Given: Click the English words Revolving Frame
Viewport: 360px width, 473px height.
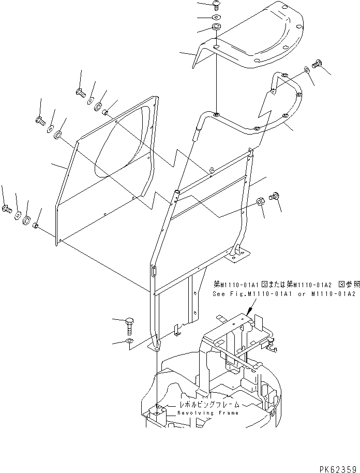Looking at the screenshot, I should coord(208,413).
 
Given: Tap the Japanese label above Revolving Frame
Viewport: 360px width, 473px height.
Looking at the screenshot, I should coord(208,404).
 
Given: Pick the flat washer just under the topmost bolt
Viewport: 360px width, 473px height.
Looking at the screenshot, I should coord(215,17).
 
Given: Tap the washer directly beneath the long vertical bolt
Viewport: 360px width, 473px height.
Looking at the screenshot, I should coord(128,342).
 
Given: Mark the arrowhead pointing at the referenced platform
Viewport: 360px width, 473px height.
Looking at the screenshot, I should coord(249,313).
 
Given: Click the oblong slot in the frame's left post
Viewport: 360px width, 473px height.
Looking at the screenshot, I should coord(153,271).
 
